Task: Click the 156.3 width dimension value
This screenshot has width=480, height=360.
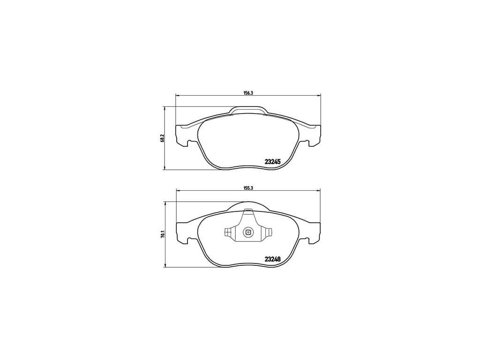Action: pos(247,94)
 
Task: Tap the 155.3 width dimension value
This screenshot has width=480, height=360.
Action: pos(247,188)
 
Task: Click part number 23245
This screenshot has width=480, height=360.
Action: pos(272,162)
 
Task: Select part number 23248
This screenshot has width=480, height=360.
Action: pos(272,259)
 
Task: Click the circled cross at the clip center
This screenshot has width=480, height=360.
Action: pos(247,233)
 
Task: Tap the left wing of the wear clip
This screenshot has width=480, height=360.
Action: pos(230,232)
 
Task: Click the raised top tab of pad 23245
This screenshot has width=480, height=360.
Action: pos(248,110)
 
